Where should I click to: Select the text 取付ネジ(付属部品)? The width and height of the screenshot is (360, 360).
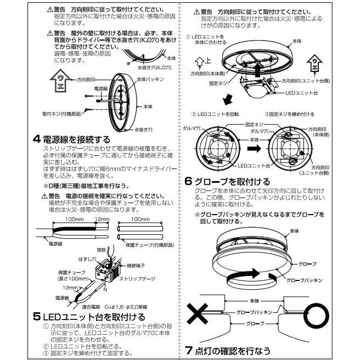pos(62,114)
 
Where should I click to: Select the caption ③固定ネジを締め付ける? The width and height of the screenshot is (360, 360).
pos(289,114)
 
